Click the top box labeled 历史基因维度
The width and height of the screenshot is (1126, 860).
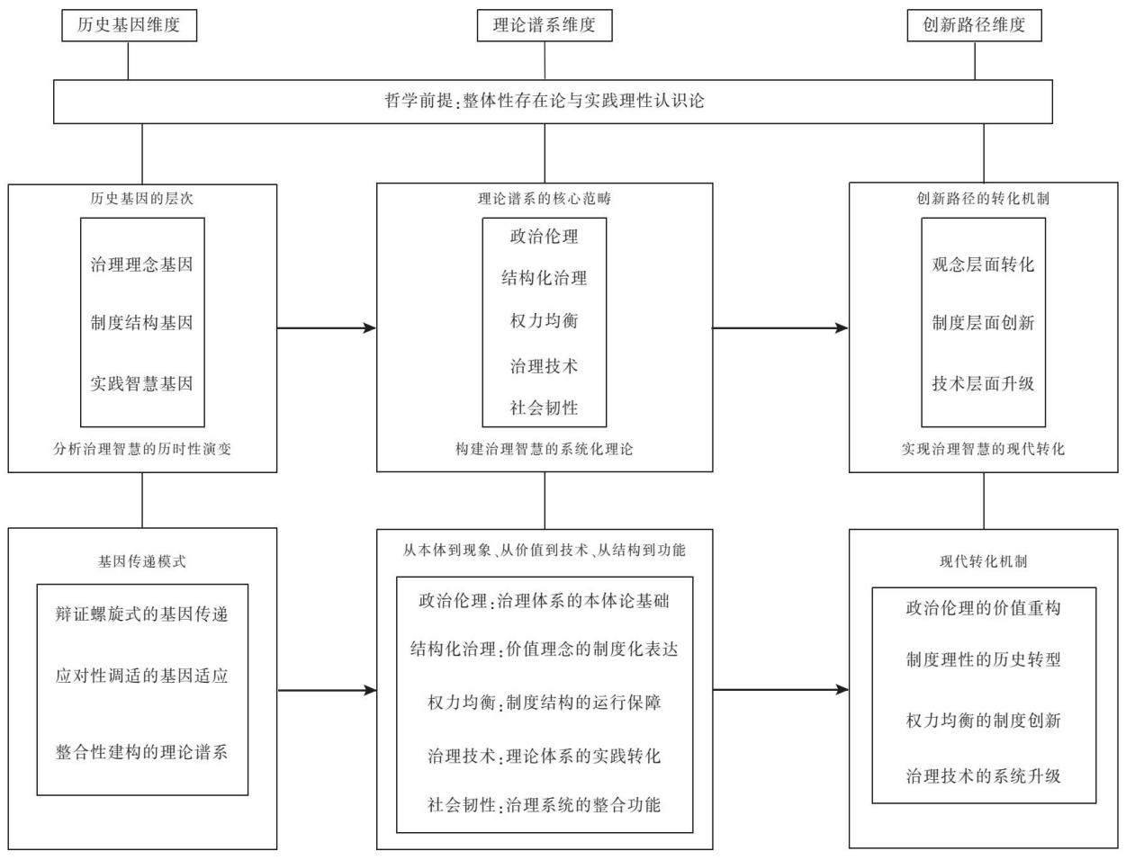129,25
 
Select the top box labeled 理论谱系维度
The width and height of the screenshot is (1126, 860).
545,25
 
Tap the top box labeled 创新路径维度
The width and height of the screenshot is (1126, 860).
974,25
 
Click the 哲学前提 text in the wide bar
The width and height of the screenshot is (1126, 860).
419,101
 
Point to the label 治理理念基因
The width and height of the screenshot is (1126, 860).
142,264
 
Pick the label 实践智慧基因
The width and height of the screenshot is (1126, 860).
142,383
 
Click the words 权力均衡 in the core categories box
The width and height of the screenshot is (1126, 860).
545,321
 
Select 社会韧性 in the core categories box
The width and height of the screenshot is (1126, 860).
545,408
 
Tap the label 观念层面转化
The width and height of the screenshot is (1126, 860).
984,264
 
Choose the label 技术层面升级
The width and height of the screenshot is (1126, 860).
984,383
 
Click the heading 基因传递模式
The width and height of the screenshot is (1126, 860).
142,561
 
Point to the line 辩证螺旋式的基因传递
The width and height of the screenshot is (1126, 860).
142,614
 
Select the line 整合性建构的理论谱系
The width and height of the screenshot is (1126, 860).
142,752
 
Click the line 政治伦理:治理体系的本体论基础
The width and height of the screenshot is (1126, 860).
545,601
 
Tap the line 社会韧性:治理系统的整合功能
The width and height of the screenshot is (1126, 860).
545,804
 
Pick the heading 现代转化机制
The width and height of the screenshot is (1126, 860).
984,561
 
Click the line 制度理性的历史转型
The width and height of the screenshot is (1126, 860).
984,659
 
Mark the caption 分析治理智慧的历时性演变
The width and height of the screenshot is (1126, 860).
142,450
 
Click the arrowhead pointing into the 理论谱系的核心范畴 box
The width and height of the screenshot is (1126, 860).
370,328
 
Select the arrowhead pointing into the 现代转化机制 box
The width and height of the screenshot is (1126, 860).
842,690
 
